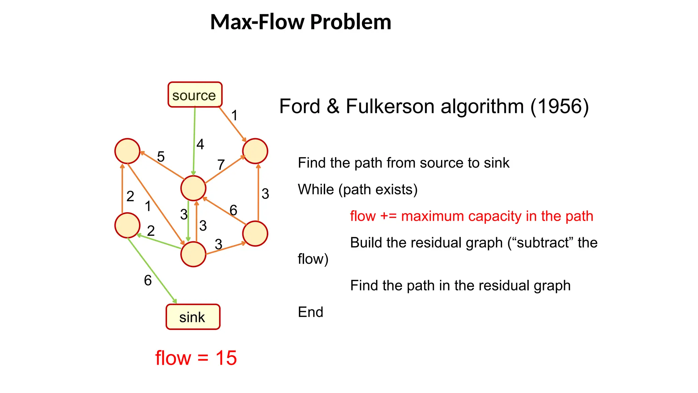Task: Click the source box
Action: point(195,95)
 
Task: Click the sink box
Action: point(193,317)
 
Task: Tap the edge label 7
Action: point(221,165)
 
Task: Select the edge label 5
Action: point(161,157)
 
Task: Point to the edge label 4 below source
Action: point(200,144)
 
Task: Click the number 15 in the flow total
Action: point(226,358)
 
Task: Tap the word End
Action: point(310,312)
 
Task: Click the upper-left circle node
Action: point(127,151)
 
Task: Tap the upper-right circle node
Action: point(255,151)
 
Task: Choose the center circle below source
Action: point(193,188)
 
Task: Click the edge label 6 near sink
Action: point(148,280)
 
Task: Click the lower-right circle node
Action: point(255,234)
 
